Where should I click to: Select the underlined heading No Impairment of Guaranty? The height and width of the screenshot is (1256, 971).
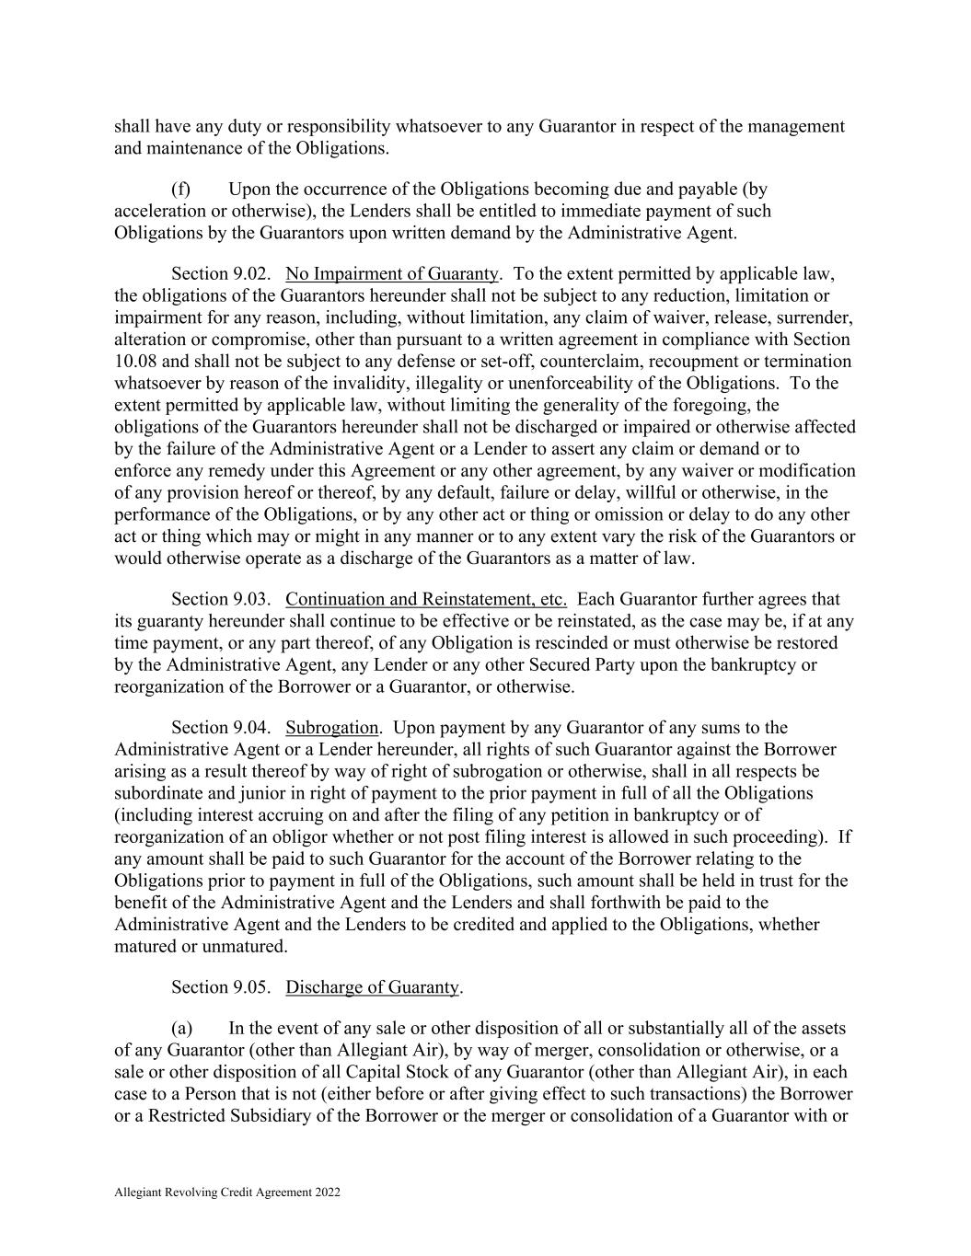pyautogui.click(x=392, y=273)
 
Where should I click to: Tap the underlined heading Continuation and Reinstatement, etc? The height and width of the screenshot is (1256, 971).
pyautogui.click(x=426, y=599)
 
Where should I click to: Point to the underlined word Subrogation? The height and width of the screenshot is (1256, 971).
pyautogui.click(x=331, y=728)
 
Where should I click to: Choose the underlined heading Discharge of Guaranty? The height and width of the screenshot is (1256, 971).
pyautogui.click(x=372, y=987)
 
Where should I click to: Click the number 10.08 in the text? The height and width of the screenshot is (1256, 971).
pyautogui.click(x=135, y=361)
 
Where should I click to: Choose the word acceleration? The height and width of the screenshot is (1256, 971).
pyautogui.click(x=157, y=211)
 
